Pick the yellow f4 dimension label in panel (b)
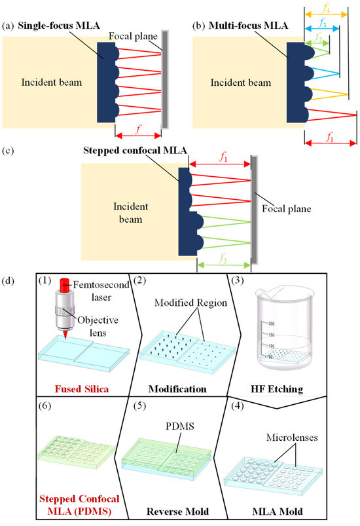click(326, 6)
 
